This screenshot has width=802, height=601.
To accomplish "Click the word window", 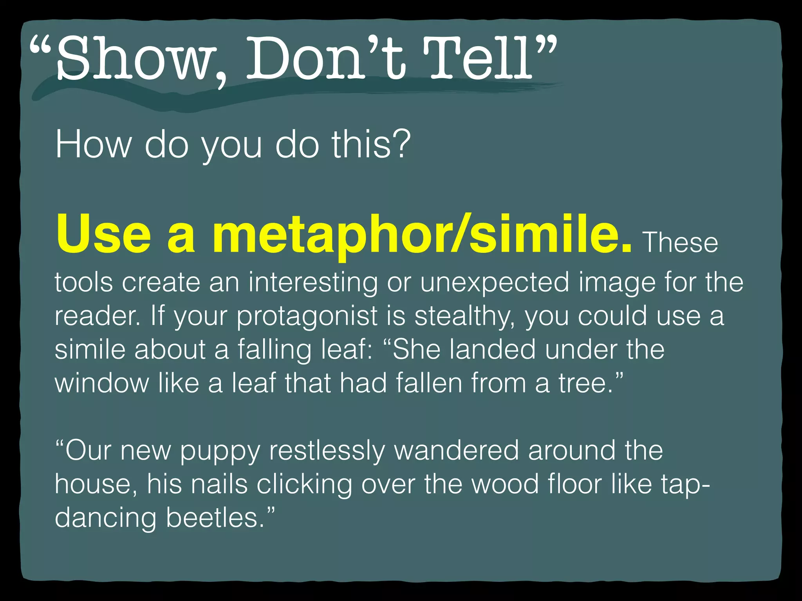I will (x=102, y=383).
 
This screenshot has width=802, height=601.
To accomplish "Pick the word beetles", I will (x=215, y=517).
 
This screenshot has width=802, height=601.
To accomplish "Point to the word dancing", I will (x=105, y=517).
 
